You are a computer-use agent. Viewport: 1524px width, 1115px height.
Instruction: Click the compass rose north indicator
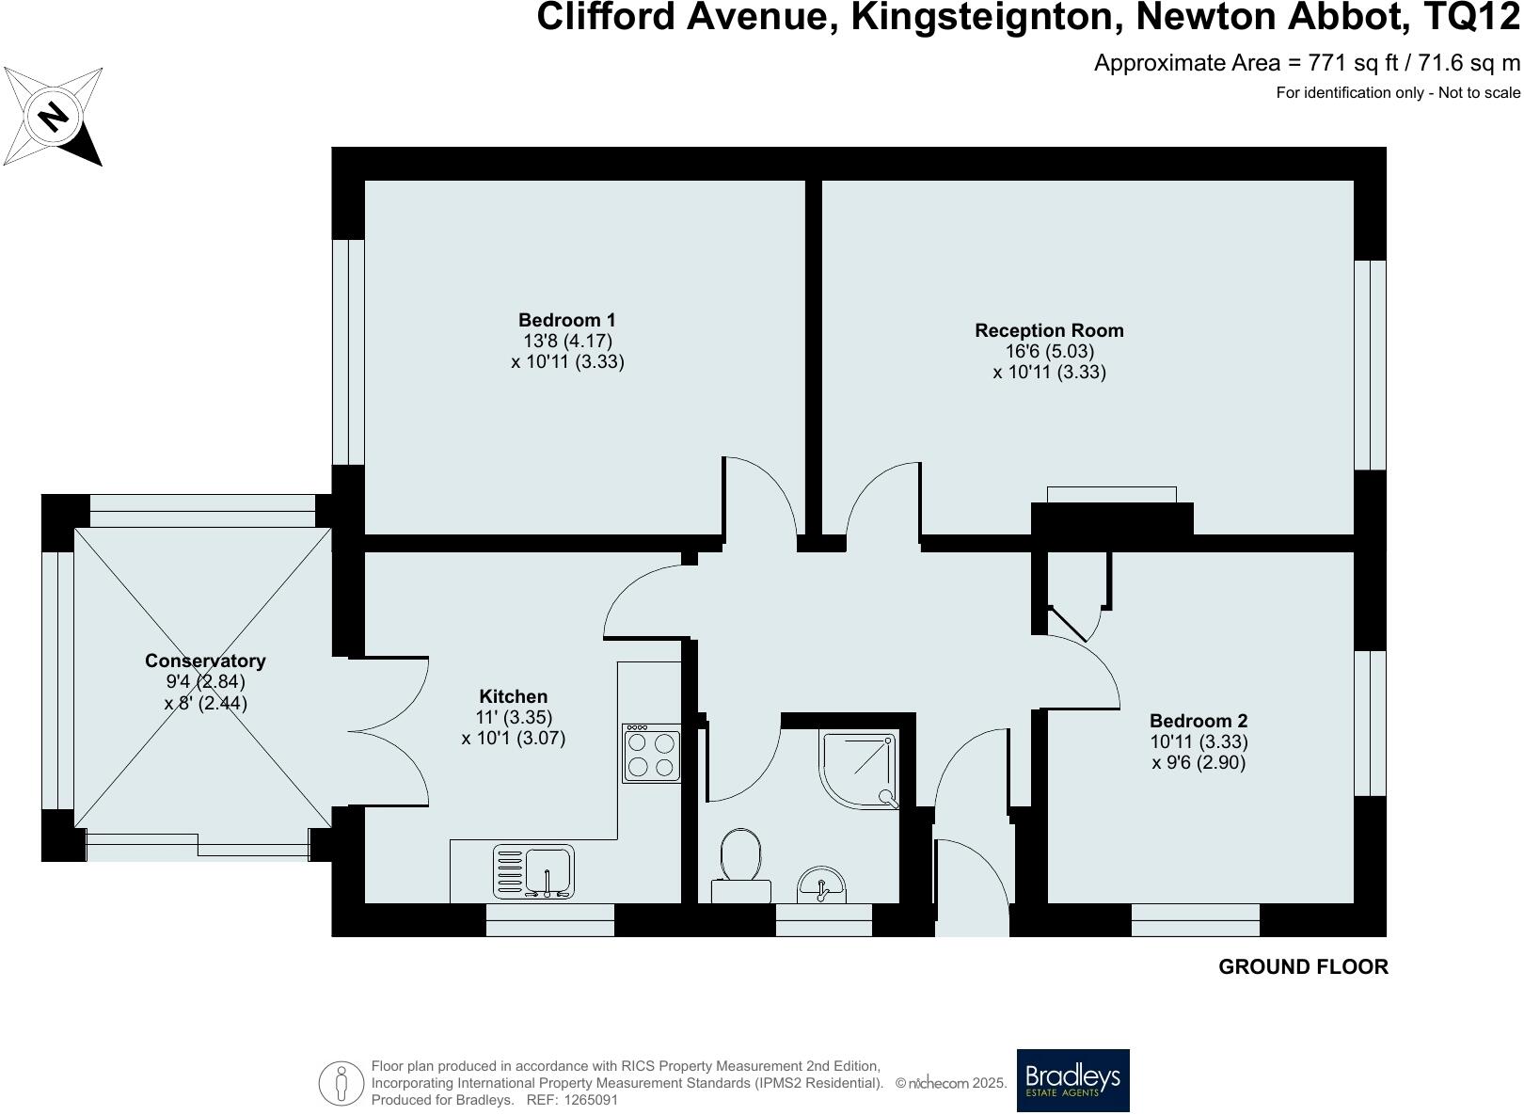click(54, 117)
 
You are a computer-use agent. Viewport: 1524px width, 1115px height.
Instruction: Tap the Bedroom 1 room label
click(566, 320)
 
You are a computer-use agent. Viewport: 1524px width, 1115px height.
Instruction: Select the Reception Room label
click(1049, 330)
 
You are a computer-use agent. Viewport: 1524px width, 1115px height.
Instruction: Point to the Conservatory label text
click(205, 661)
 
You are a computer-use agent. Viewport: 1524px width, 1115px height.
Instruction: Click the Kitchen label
click(513, 696)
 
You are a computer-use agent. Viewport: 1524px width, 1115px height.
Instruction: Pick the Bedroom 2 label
click(1199, 721)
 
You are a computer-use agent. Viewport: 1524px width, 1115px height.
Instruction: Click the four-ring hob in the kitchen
click(651, 754)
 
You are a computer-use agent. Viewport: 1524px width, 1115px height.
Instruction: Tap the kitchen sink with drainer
click(533, 871)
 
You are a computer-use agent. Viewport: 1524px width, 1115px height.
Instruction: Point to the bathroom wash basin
click(821, 885)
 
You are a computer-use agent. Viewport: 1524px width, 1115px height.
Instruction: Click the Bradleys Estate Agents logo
click(1072, 1080)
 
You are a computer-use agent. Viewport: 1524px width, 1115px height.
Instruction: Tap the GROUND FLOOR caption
click(1303, 966)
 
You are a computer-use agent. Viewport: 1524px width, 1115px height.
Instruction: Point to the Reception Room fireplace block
click(1112, 518)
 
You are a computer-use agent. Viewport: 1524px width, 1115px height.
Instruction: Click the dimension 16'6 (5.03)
click(1049, 351)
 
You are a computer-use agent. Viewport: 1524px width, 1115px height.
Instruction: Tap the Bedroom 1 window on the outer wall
click(349, 352)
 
